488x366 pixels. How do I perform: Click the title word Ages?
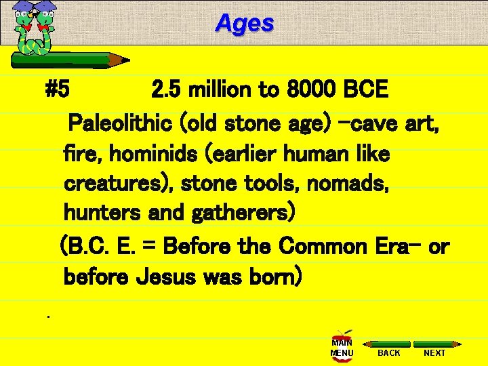[x=245, y=24]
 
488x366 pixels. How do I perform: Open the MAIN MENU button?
[x=342, y=348]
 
